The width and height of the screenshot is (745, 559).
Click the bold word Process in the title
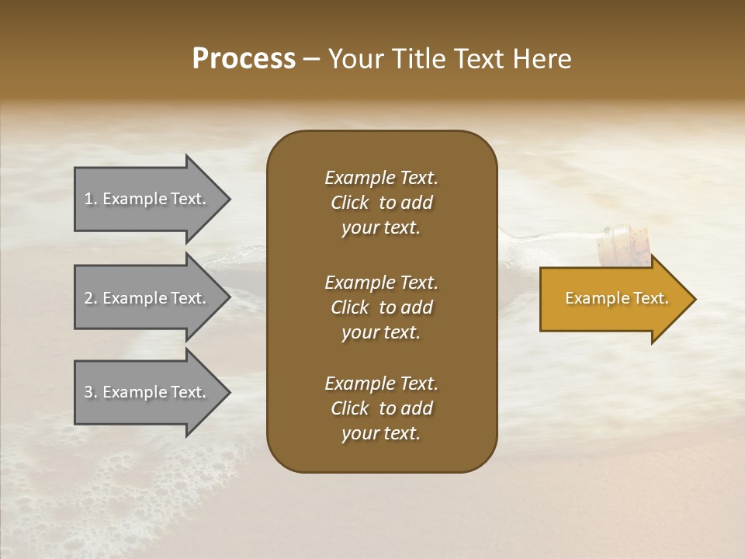pos(244,59)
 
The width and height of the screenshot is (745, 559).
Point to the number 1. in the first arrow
pos(91,199)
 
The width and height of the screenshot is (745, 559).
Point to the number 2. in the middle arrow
pos(91,298)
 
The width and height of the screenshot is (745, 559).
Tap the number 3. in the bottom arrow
pos(91,392)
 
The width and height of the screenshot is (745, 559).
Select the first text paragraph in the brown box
pos(381,203)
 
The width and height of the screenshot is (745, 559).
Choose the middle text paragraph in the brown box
pos(381,307)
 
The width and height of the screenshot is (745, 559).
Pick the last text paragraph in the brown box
pos(381,408)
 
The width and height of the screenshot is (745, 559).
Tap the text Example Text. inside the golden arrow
pos(616,298)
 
